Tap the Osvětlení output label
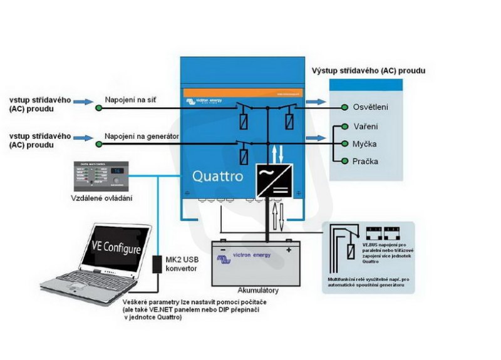coord(370,107)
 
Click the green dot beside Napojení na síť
coord(99,108)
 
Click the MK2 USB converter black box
coord(157,263)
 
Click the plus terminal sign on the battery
coord(289,250)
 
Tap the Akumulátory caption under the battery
coord(257,291)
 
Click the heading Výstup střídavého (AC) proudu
coord(368,71)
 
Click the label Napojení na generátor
coord(142,136)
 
